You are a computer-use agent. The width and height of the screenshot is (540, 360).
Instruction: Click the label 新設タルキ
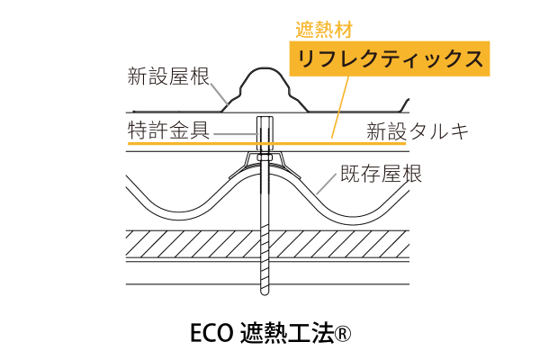418,130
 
